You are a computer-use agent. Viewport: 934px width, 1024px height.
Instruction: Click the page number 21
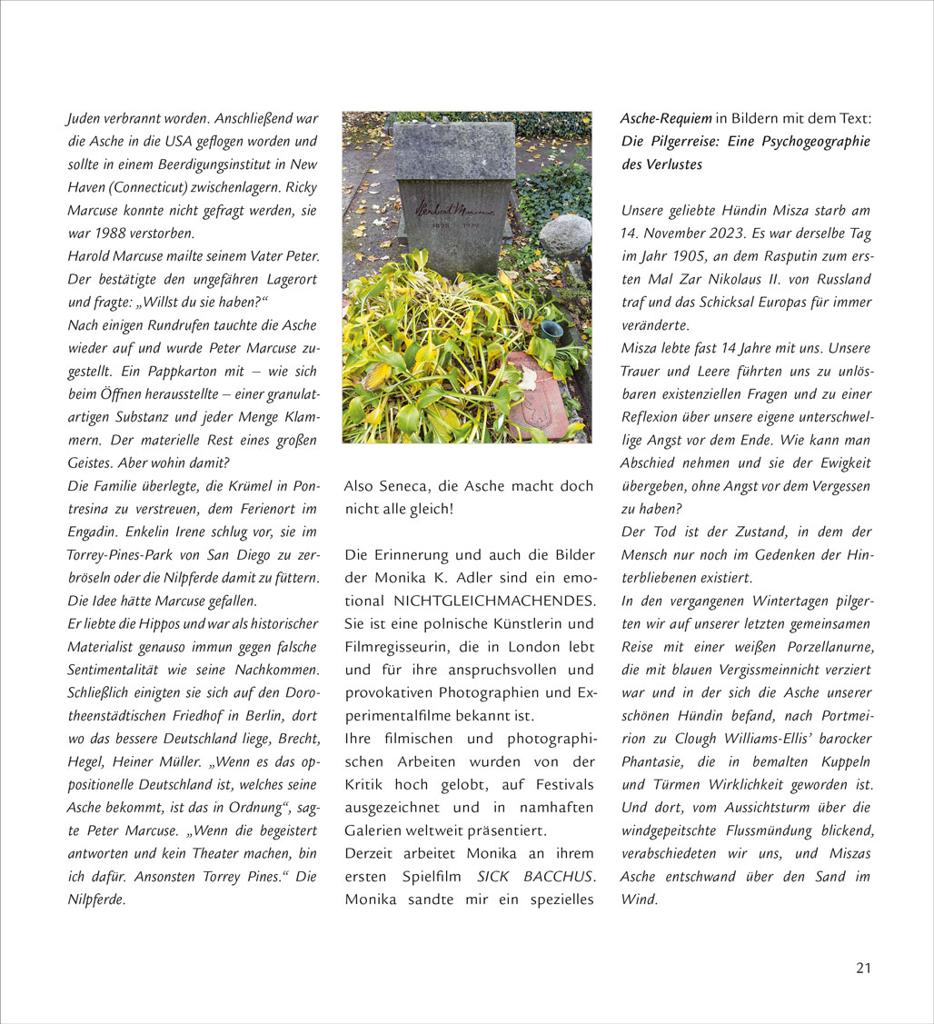862,968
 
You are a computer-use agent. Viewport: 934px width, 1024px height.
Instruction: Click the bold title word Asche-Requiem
666,119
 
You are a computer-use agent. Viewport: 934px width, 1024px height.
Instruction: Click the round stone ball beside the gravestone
564,236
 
